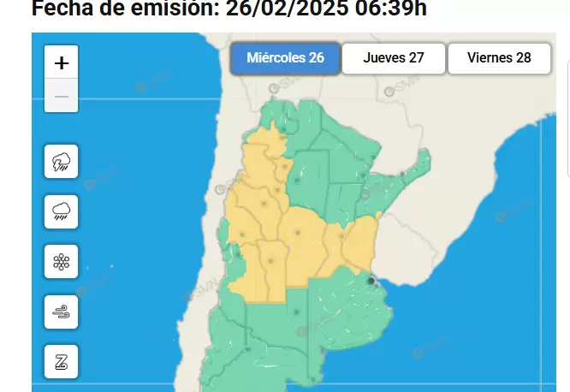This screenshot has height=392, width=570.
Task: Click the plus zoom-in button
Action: (62, 62)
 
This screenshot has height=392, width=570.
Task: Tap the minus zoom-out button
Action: (62, 96)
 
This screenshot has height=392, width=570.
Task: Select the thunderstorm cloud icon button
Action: (62, 161)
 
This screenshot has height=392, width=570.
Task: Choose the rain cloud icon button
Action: (62, 211)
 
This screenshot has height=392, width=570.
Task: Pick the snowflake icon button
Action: (62, 261)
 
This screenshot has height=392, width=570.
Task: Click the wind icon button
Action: (62, 312)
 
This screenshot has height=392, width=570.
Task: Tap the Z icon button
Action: (62, 361)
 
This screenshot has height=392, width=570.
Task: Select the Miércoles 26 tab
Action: (285, 58)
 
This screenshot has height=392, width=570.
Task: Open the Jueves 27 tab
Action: (394, 58)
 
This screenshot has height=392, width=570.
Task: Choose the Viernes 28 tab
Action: (499, 58)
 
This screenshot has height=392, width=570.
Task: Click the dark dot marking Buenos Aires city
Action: (371, 280)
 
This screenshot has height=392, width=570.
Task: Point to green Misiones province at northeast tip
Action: (418, 168)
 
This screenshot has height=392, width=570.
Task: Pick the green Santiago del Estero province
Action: (308, 175)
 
